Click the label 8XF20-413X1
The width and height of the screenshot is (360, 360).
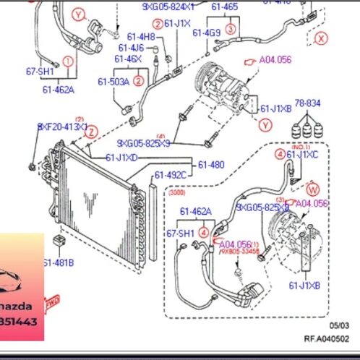[x=61, y=127]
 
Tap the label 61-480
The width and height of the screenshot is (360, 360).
[x=211, y=164]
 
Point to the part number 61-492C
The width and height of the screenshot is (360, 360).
[x=171, y=174]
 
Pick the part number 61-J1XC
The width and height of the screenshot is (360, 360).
[x=302, y=154]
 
